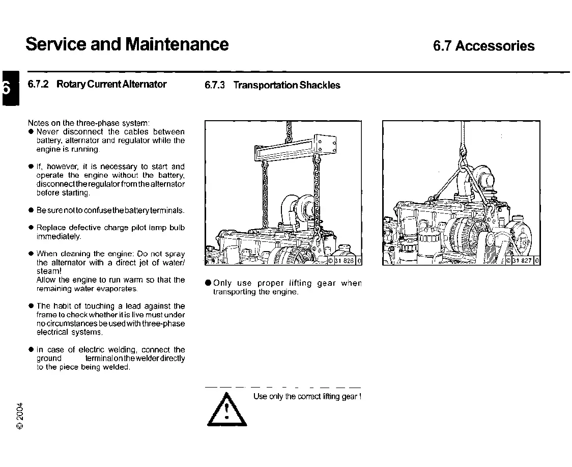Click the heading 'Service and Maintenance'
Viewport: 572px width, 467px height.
click(x=127, y=44)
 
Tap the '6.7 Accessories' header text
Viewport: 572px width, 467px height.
click(x=483, y=46)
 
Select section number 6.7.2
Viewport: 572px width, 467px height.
click(x=38, y=84)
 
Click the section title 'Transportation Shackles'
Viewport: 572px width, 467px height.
click(x=287, y=85)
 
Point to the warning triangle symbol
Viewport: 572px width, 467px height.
click(x=225, y=411)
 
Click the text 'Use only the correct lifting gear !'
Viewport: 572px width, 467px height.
click(x=307, y=396)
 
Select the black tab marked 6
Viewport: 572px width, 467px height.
click(x=6, y=88)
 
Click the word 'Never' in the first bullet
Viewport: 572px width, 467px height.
click(x=48, y=132)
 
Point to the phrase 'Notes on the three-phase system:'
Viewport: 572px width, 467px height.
click(x=89, y=123)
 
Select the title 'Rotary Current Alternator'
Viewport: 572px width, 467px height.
click(x=111, y=84)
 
